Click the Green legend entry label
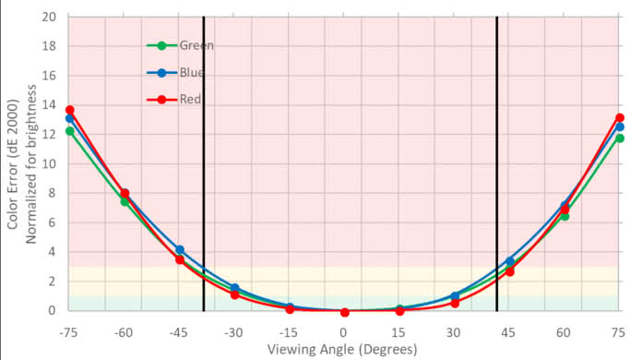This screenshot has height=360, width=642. (196, 44)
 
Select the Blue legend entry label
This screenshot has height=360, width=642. (193, 72)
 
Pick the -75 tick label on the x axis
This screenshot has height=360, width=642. (68, 330)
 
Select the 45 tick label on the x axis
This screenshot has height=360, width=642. (510, 330)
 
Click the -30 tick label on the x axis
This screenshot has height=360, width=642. (234, 330)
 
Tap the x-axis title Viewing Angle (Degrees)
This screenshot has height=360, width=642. (342, 349)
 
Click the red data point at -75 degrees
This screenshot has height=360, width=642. (69, 110)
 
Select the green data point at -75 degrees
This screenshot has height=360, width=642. (69, 131)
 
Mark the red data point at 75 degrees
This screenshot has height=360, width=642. (620, 118)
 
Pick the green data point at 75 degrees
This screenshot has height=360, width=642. (620, 138)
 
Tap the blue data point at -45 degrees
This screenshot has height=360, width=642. (180, 250)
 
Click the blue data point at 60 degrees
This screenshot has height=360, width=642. (565, 206)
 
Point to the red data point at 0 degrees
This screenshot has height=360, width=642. (344, 312)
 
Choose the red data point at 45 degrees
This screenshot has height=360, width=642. (509, 271)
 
